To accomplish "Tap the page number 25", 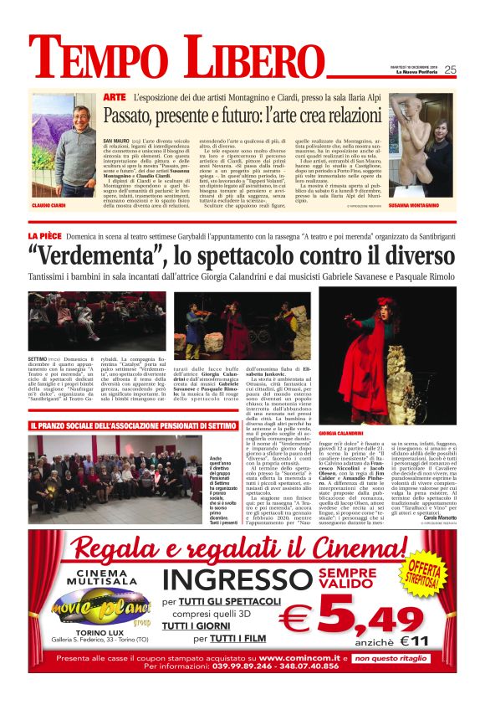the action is (450, 70).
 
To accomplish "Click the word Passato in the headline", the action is (135, 116).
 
